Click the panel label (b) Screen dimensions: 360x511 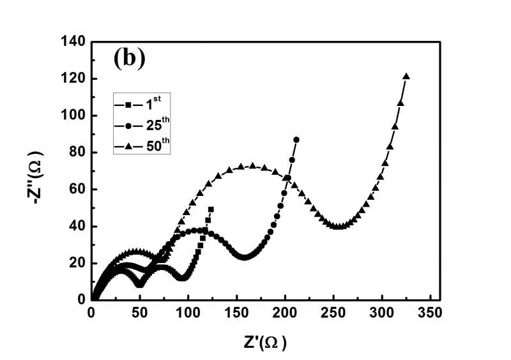pyautogui.click(x=130, y=59)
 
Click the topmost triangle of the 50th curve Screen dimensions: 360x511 pyautogui.click(x=406, y=77)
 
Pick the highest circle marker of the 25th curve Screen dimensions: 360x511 pyautogui.click(x=296, y=139)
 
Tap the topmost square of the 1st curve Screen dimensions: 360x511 pyautogui.click(x=211, y=209)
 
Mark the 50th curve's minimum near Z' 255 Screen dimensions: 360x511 pyautogui.click(x=339, y=226)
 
